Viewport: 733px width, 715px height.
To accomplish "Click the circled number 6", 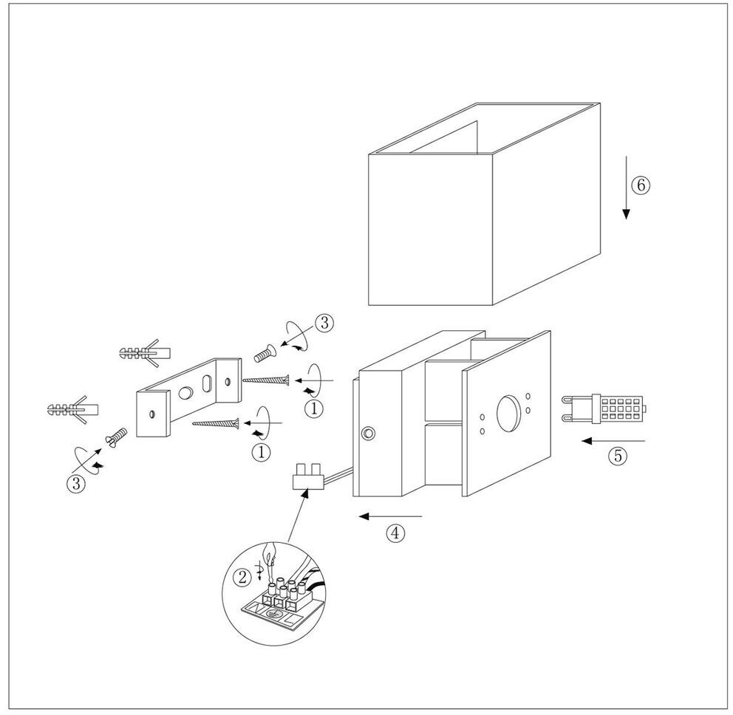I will [x=641, y=185].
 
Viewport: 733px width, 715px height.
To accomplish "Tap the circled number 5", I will [x=618, y=456].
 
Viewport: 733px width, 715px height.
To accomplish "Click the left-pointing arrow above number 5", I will [x=613, y=441].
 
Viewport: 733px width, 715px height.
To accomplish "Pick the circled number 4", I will [x=396, y=533].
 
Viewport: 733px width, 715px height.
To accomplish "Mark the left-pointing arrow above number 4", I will [x=390, y=516].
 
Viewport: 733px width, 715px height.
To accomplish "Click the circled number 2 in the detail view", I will [x=242, y=578].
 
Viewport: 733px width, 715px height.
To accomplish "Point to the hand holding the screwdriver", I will [x=270, y=552].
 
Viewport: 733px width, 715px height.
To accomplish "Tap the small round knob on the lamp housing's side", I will [x=368, y=433].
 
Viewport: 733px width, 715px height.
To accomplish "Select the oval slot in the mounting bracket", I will [x=207, y=383].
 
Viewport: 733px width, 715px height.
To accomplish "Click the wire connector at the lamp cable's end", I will [x=308, y=478].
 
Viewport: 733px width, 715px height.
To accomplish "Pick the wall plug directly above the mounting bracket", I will [x=145, y=352].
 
